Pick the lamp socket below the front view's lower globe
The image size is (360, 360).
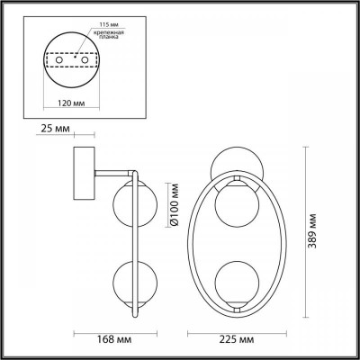pos(238,305)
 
